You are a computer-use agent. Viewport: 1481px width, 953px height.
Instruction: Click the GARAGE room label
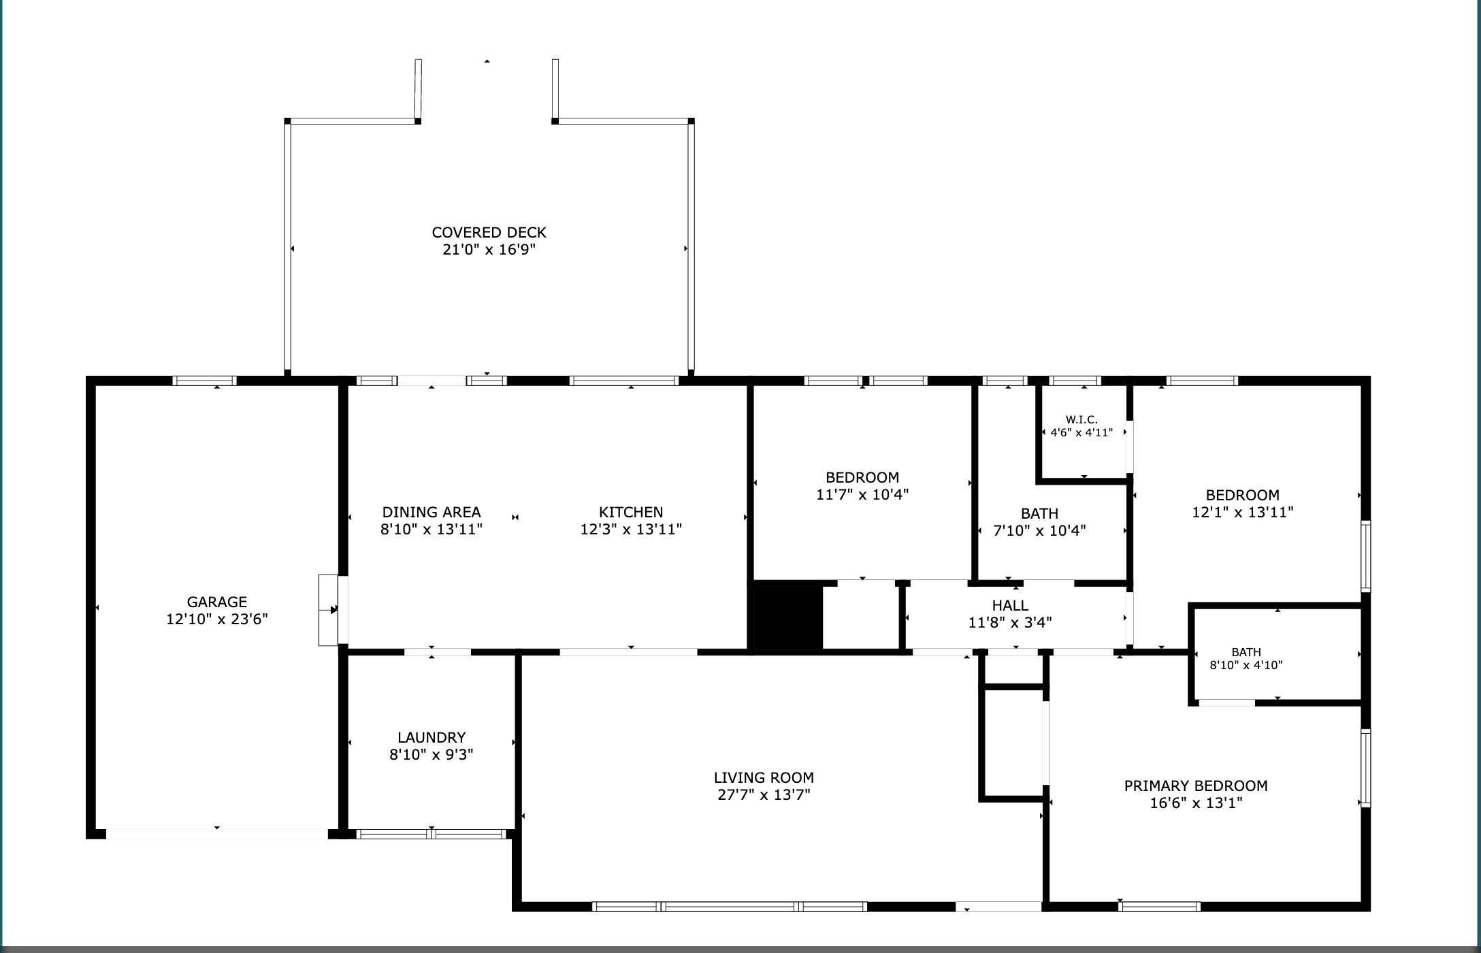[217, 602]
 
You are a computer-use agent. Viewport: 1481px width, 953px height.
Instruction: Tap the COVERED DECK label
[489, 232]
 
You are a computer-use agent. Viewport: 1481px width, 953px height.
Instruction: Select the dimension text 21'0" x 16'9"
[489, 249]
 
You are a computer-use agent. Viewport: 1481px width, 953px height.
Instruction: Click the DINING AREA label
[432, 512]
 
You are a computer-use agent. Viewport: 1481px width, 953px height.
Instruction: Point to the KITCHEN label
[631, 512]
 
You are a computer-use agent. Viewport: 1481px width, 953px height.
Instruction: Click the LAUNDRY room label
[432, 737]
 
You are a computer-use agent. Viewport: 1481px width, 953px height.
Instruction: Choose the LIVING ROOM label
[764, 777]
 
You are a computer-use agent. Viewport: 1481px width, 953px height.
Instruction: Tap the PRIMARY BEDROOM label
[1196, 786]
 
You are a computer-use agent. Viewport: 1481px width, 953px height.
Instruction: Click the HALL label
[1010, 605]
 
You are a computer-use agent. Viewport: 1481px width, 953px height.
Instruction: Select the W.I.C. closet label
[1081, 420]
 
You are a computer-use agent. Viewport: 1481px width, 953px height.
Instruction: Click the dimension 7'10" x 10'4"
[1039, 530]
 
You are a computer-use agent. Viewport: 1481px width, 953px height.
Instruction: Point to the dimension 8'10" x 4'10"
[1246, 665]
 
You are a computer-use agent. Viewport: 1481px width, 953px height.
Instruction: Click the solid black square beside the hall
[787, 617]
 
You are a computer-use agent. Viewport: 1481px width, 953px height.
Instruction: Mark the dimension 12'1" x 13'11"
[1243, 512]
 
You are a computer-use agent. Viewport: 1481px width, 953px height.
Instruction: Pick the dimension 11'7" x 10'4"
[862, 494]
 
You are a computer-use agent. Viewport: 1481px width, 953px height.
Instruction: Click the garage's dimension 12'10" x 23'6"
[217, 619]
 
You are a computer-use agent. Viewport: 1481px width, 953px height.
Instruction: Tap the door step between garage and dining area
[329, 610]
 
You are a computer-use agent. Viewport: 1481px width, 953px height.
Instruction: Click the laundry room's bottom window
[432, 834]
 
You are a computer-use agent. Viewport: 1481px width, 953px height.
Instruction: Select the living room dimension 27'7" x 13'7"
[764, 794]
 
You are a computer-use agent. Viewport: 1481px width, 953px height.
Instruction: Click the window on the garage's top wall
[204, 381]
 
